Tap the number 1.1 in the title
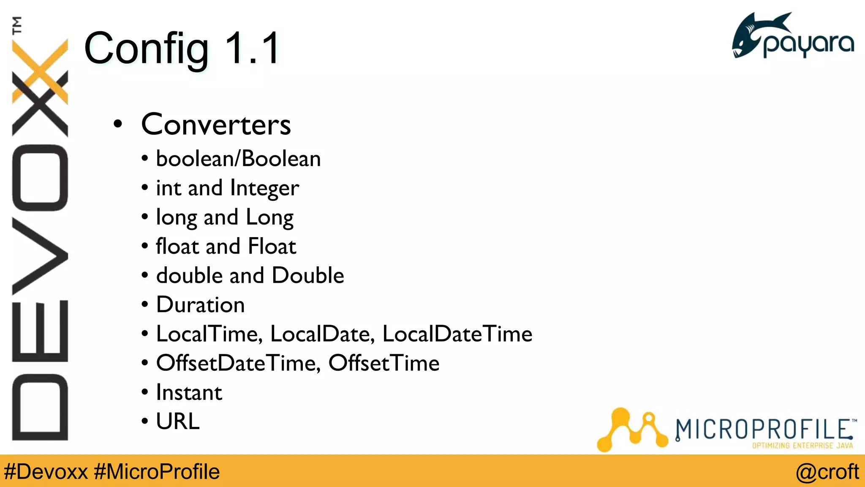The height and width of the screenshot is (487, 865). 252,49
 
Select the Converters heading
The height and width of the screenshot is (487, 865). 216,125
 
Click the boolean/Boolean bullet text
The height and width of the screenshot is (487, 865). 238,159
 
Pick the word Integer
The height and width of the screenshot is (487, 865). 265,189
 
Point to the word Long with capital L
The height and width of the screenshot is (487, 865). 269,218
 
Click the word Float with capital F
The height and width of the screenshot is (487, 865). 272,246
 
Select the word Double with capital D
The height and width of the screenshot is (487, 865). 308,276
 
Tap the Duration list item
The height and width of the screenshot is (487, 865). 200,305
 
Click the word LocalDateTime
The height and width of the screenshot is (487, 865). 457,334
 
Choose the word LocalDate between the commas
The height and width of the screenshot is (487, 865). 321,334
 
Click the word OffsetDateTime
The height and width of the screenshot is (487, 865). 237,363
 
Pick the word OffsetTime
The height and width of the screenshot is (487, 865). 384,363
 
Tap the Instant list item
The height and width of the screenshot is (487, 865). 189,392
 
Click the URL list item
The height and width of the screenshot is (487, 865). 177,421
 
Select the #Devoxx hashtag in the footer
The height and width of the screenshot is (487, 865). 46,472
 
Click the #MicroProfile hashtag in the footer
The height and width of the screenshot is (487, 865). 157,472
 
